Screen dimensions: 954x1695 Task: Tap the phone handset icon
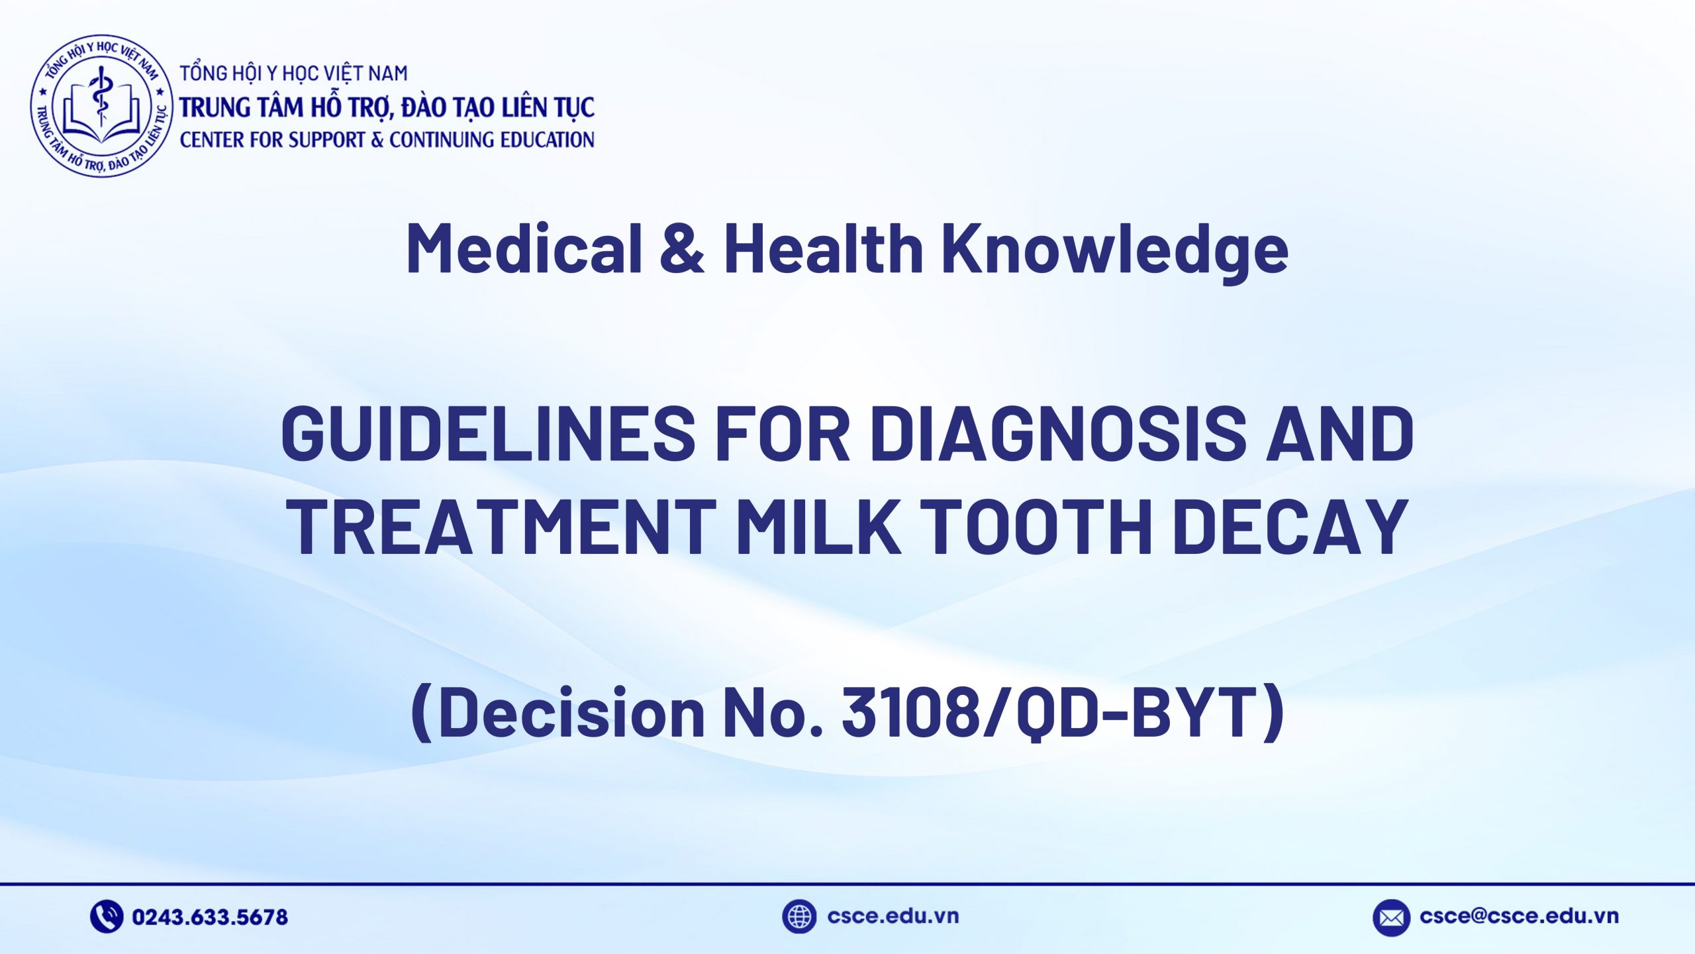106,916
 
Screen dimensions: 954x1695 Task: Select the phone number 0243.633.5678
210,917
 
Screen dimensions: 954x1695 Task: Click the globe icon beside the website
799,916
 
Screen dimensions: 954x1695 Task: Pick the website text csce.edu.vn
893,916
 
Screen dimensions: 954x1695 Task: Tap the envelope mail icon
1390,918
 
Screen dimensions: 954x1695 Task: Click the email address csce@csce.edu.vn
1519,916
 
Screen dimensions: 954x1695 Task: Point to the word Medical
524,248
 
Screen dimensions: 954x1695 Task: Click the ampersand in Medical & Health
683,248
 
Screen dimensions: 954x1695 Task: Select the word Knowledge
1115,249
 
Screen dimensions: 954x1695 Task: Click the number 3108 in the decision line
910,712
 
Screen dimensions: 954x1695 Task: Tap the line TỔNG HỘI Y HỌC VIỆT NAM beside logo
294,73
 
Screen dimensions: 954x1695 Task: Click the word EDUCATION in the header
547,140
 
